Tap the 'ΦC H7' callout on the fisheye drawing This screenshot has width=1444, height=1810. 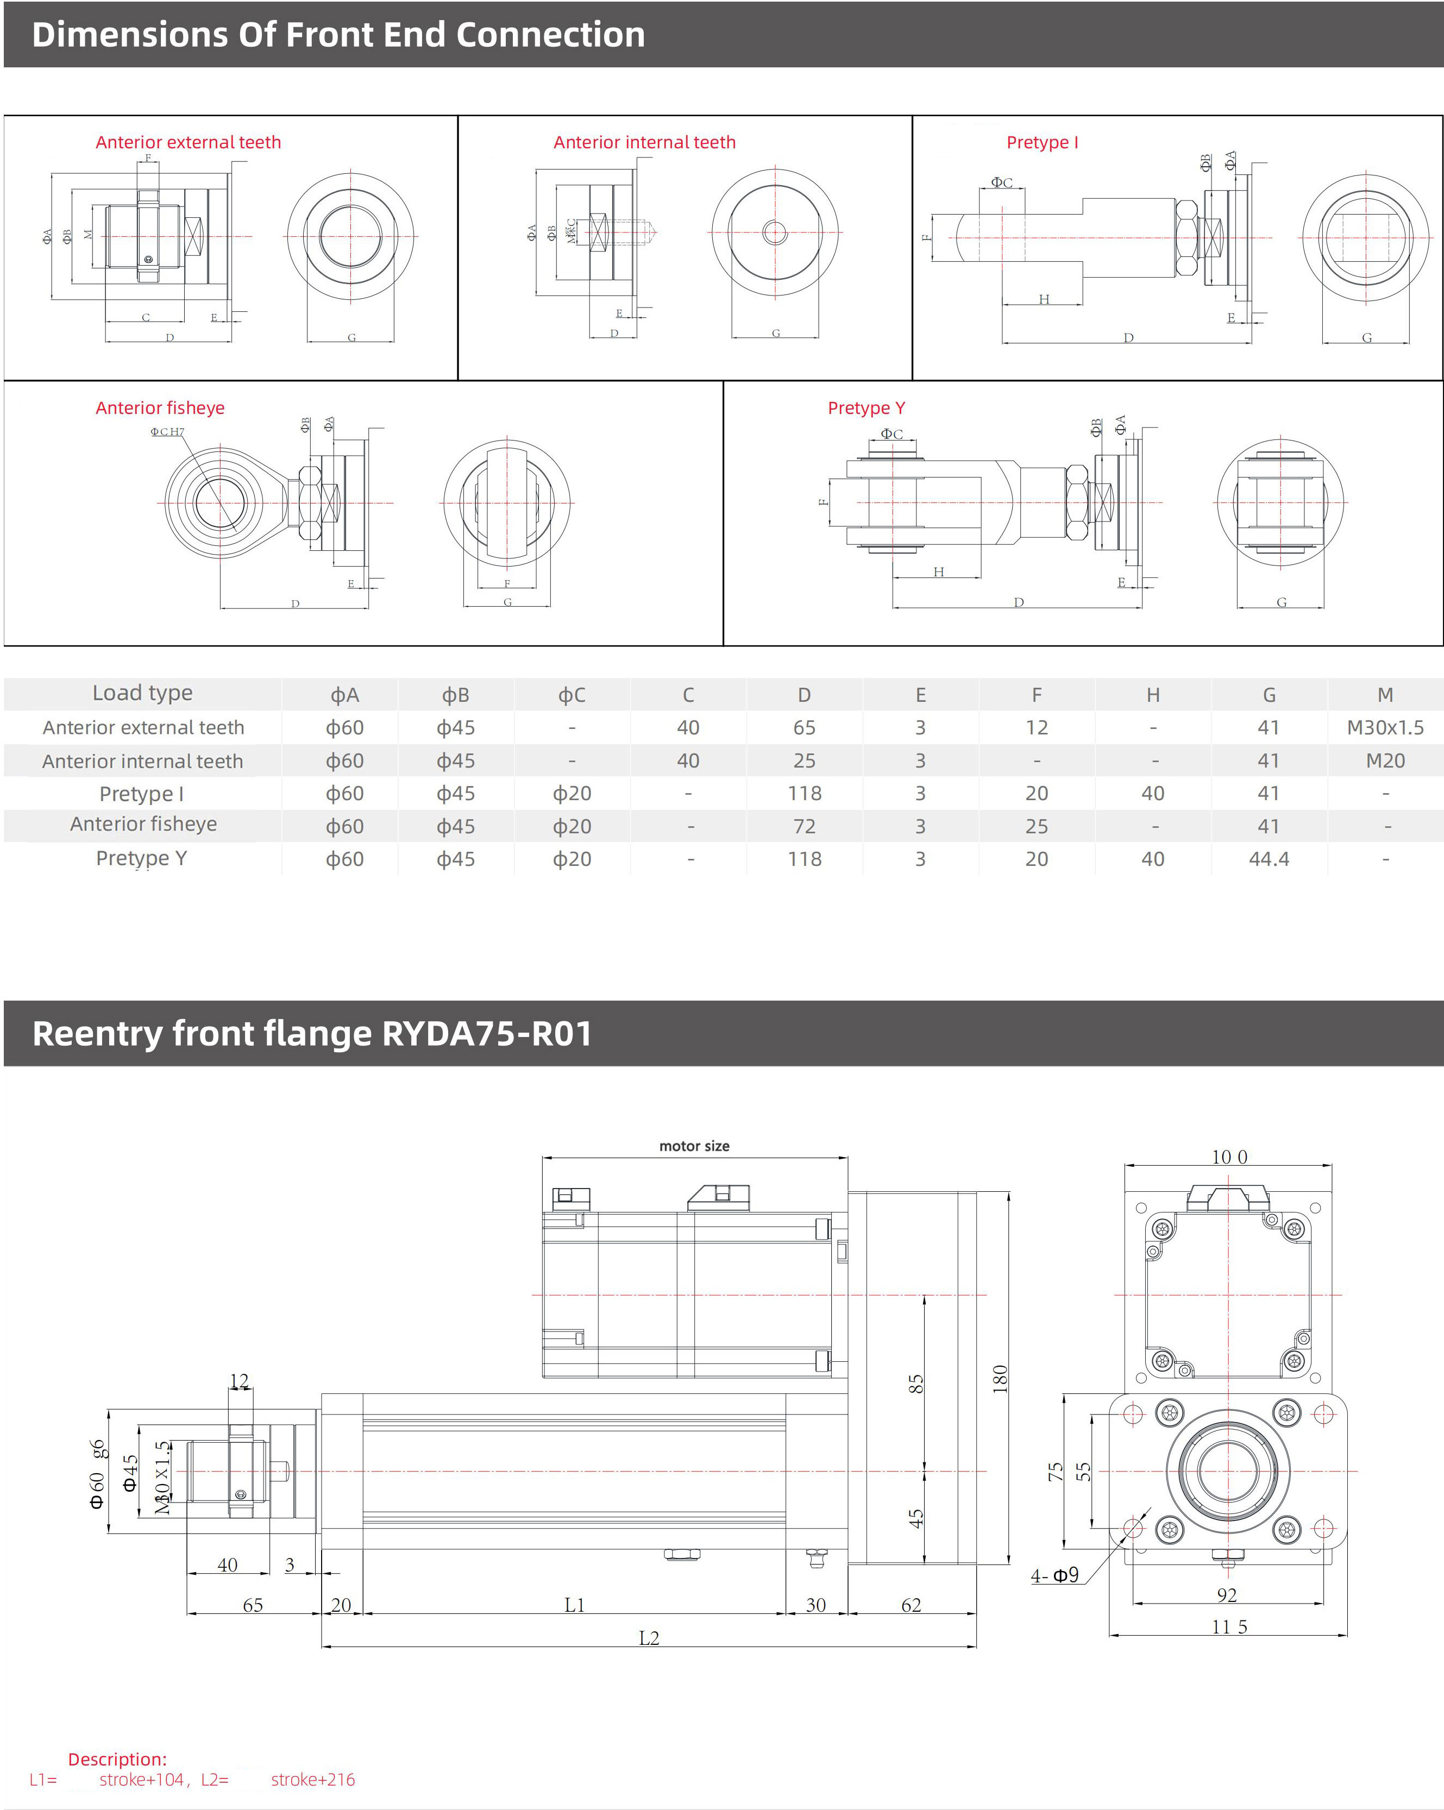coord(167,431)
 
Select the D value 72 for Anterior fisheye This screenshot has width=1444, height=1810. coord(803,826)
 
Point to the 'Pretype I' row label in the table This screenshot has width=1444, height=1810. coord(141,793)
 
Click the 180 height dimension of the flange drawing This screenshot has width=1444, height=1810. coord(999,1379)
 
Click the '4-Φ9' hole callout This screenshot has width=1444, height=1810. coord(1054,1576)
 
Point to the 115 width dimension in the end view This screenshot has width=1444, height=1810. coord(1228,1627)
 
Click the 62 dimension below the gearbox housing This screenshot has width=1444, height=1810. coord(911,1605)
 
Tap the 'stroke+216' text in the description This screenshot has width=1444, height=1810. coord(312,1780)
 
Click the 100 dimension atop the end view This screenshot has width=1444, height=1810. coord(1228,1157)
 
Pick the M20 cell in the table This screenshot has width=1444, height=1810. coord(1384,761)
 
